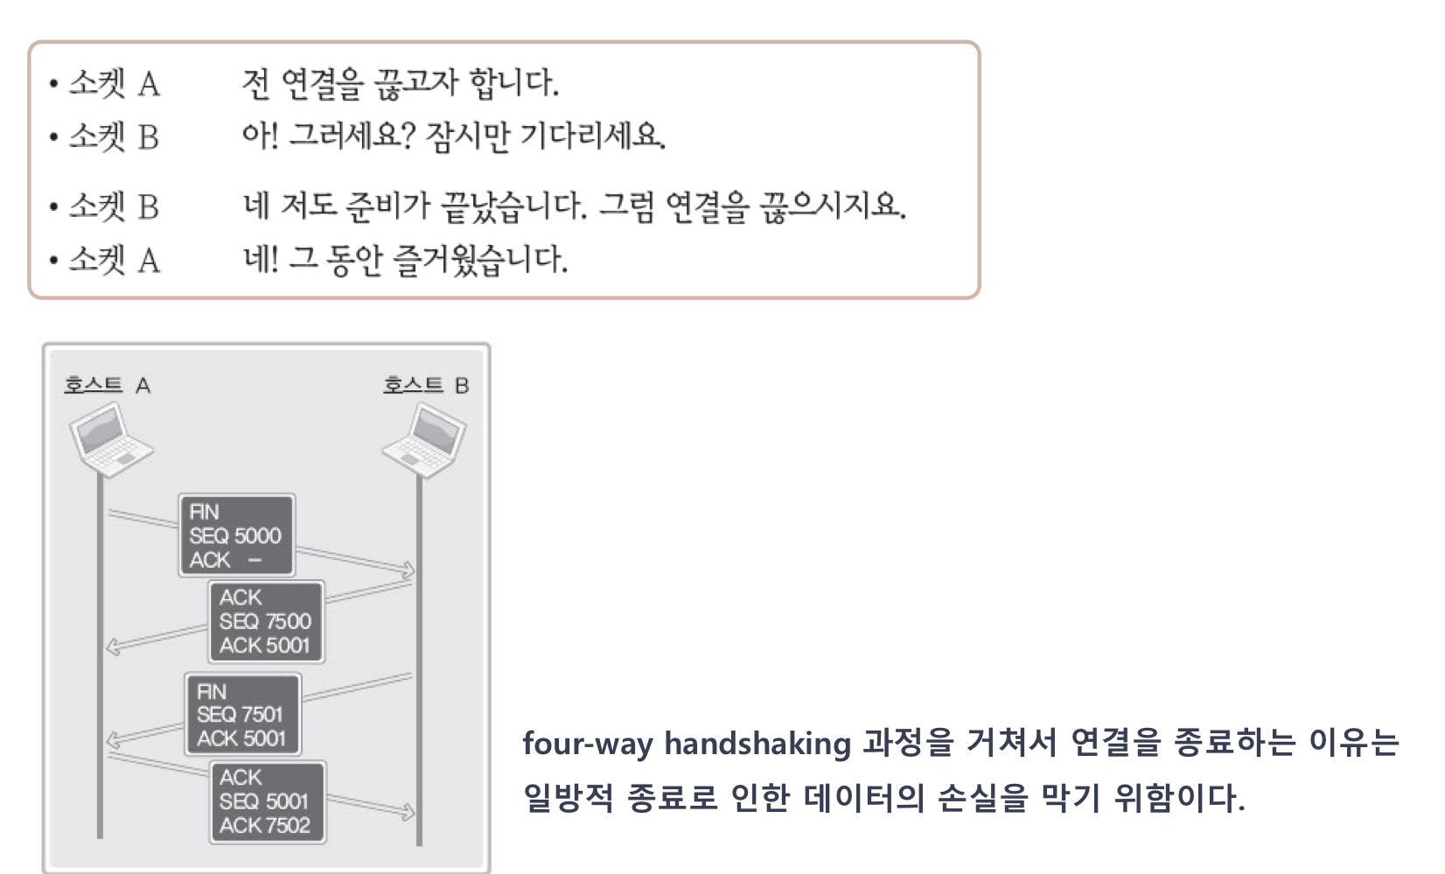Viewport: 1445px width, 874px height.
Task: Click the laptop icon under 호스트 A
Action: click(108, 442)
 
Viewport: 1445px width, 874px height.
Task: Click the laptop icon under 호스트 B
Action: click(425, 442)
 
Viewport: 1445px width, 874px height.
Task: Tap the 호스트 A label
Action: click(107, 385)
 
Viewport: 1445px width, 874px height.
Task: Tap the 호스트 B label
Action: click(426, 385)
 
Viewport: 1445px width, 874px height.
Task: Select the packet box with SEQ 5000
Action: click(236, 535)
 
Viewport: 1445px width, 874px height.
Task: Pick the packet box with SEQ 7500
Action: click(266, 622)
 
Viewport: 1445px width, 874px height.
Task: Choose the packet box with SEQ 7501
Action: click(242, 715)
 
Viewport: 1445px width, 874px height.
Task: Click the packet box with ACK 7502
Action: click(267, 802)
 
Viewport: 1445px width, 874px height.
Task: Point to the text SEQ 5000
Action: click(235, 535)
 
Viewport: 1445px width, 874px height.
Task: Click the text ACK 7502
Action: click(265, 825)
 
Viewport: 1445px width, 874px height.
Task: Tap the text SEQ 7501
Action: click(240, 715)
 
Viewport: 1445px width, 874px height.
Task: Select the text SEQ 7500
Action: click(265, 621)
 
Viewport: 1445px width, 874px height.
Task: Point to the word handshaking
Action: click(757, 745)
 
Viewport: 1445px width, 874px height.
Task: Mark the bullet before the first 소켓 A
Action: click(54, 85)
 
